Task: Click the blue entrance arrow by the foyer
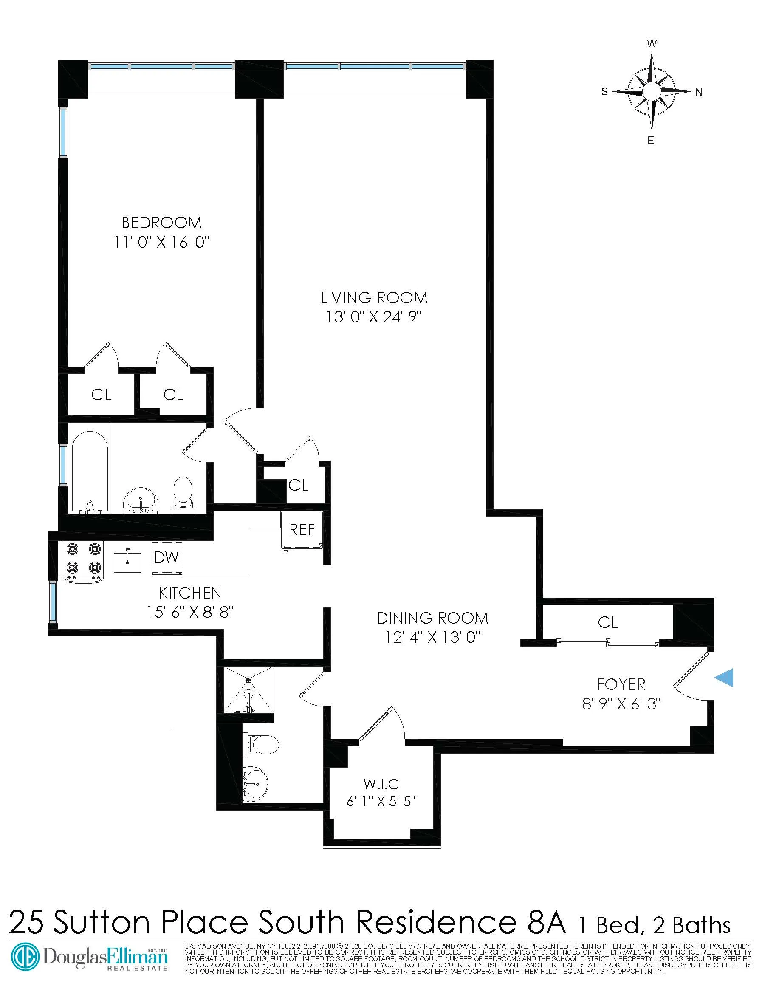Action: [725, 678]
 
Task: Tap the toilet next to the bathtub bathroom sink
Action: [183, 492]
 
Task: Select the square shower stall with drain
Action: [249, 689]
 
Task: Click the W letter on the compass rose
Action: [652, 44]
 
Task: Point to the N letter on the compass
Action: [699, 93]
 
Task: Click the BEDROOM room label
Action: [161, 223]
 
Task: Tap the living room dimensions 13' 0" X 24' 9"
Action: [374, 317]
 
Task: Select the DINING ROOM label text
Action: [432, 618]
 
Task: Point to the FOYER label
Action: [621, 684]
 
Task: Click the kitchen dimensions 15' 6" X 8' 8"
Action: [189, 613]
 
